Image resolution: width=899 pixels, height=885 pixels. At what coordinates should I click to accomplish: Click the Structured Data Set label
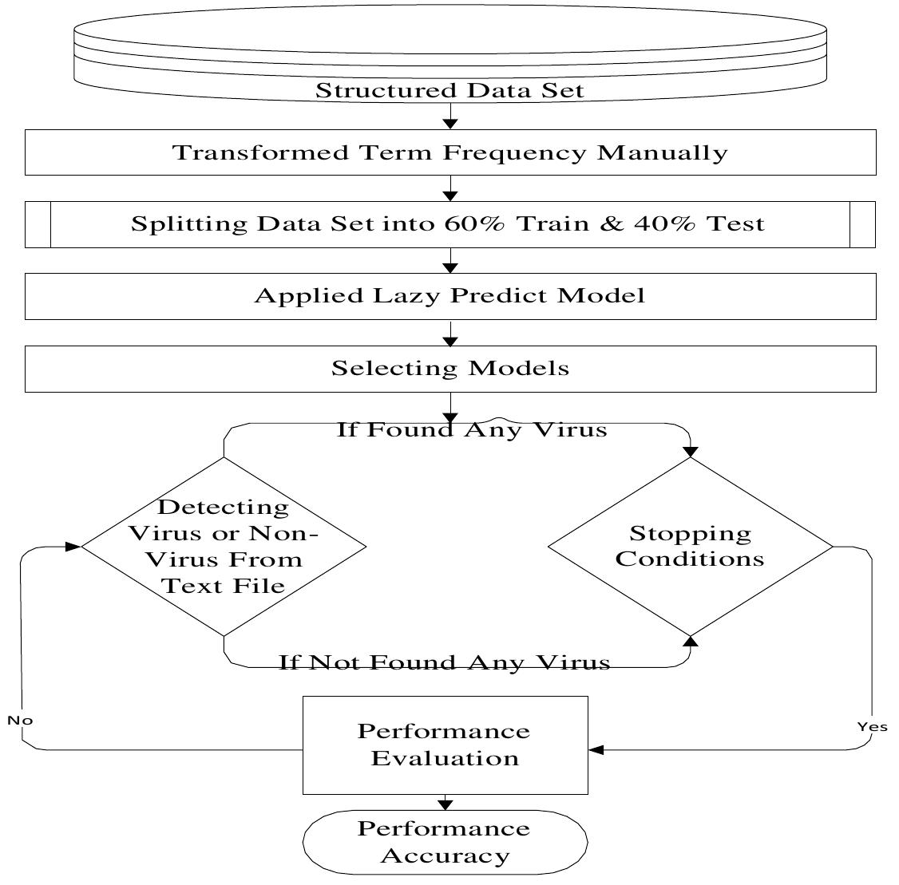(449, 90)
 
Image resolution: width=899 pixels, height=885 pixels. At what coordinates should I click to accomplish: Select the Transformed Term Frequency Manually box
(449, 152)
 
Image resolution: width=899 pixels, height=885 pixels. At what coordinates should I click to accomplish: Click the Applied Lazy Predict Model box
(449, 296)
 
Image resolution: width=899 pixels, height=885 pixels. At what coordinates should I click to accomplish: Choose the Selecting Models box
(449, 369)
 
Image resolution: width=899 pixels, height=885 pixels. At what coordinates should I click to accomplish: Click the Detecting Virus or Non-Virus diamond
(224, 547)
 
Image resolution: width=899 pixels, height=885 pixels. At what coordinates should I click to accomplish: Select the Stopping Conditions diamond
(690, 547)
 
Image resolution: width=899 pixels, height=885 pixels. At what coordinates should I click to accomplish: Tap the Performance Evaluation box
(445, 745)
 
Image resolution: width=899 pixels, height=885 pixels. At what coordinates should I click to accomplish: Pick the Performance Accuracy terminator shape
(445, 843)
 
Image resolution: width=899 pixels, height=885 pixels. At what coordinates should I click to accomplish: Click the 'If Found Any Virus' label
(471, 430)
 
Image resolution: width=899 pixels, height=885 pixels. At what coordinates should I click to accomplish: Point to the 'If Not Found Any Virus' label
(444, 662)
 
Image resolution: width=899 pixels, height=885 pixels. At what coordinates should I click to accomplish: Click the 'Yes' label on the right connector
(871, 727)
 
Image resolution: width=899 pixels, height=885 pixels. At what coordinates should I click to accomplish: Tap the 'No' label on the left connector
(20, 721)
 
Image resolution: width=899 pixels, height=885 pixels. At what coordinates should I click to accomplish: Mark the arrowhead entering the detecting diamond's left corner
(73, 547)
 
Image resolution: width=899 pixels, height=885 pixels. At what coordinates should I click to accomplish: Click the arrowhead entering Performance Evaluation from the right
(596, 749)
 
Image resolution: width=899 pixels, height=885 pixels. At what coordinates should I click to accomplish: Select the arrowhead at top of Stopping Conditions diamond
(691, 452)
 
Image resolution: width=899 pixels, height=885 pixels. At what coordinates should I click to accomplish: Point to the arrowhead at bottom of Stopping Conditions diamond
(691, 641)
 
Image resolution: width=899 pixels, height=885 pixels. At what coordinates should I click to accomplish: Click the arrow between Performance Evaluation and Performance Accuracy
(445, 803)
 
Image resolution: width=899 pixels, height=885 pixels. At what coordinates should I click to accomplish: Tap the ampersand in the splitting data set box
(611, 224)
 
